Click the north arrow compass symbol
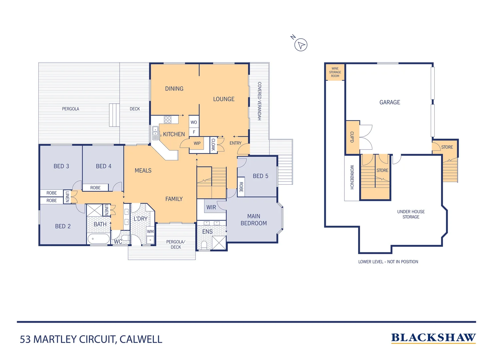tap(301, 45)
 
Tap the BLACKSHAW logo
tap(433, 338)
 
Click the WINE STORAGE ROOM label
tap(335, 72)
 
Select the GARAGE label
tap(390, 102)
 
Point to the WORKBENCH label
tap(352, 177)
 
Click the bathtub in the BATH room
tap(98, 239)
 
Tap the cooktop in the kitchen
tap(168, 120)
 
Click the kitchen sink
tap(155, 133)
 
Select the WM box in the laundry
tap(150, 231)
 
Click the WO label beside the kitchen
tap(194, 122)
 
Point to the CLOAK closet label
tap(213, 145)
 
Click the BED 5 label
tap(260, 176)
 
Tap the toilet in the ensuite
tap(204, 245)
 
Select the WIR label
tap(211, 207)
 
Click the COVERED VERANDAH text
tap(259, 101)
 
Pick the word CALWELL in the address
tap(141, 339)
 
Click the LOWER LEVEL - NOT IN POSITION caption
tap(388, 262)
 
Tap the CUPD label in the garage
tap(352, 137)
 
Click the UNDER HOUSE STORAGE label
tap(411, 214)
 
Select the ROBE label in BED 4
tap(95, 188)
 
